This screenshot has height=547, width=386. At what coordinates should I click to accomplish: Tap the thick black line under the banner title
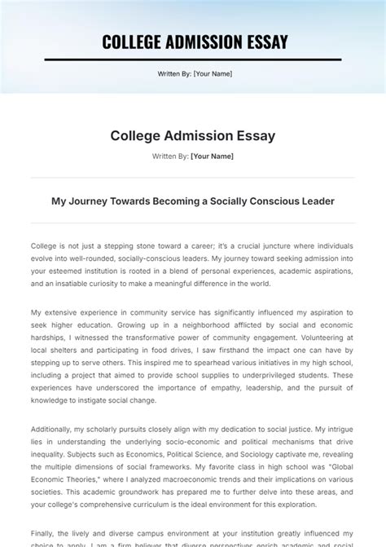click(x=193, y=60)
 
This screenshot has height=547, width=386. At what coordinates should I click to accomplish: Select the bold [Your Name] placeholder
click(x=212, y=155)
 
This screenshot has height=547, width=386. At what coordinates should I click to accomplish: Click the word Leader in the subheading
click(x=317, y=201)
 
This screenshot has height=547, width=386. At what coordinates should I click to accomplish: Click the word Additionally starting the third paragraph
click(x=53, y=429)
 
